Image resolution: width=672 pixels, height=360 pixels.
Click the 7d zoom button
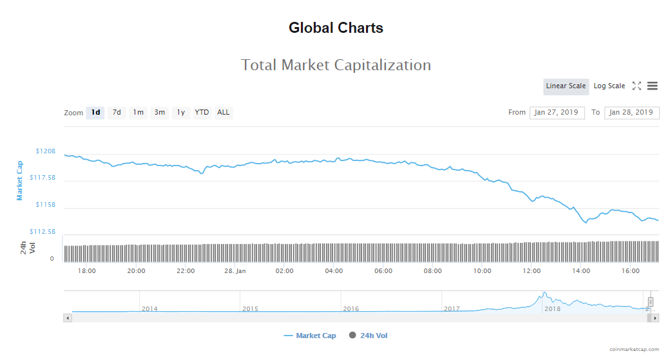(x=117, y=113)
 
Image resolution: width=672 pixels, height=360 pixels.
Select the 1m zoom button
(x=138, y=113)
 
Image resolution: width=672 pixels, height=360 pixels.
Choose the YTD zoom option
(x=202, y=113)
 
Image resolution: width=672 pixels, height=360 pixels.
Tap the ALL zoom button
(x=223, y=113)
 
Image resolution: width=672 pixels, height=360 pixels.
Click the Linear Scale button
(x=566, y=86)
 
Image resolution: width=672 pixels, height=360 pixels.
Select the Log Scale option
(x=609, y=86)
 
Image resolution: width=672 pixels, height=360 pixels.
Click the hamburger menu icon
(x=652, y=86)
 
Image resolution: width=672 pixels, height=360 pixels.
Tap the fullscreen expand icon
(x=637, y=86)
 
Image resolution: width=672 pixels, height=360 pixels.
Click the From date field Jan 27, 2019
(x=557, y=113)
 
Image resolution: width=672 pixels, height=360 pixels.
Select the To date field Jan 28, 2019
(x=631, y=113)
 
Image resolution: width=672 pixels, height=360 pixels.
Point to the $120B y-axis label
(x=45, y=151)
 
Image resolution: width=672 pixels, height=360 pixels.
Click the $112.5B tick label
(x=42, y=232)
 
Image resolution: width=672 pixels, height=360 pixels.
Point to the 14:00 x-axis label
(x=581, y=271)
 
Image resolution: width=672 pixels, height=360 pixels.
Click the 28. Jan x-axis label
(x=235, y=271)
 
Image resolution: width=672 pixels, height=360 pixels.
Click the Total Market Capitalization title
(x=336, y=65)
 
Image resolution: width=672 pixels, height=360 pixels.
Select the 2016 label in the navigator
(x=351, y=309)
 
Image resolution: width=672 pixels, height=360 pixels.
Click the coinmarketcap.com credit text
(x=634, y=349)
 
